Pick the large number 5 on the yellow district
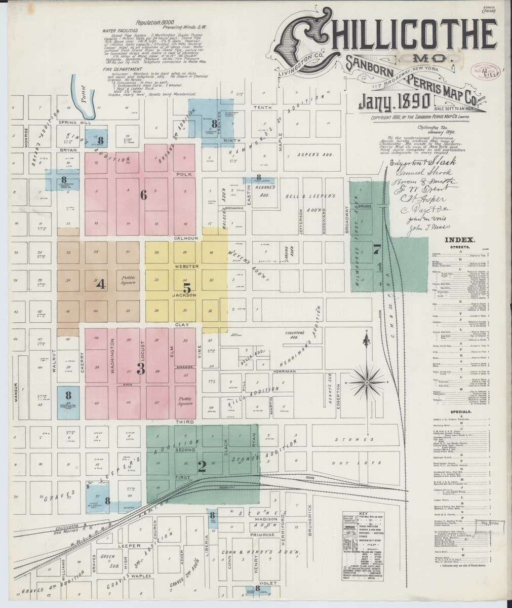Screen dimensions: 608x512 tap(186, 287)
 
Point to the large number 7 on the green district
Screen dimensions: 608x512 tap(376, 249)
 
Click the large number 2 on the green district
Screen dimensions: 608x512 tap(202, 467)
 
